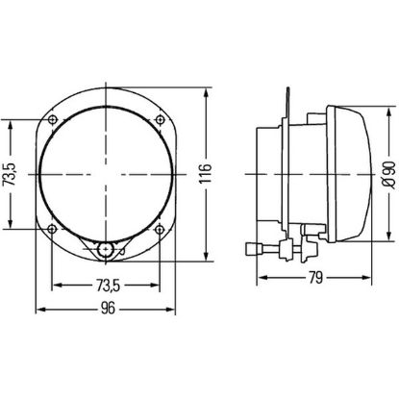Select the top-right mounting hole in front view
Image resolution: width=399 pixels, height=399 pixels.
click(158, 120)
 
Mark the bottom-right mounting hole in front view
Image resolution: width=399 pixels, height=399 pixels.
click(158, 229)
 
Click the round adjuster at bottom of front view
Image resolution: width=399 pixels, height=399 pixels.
click(106, 251)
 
